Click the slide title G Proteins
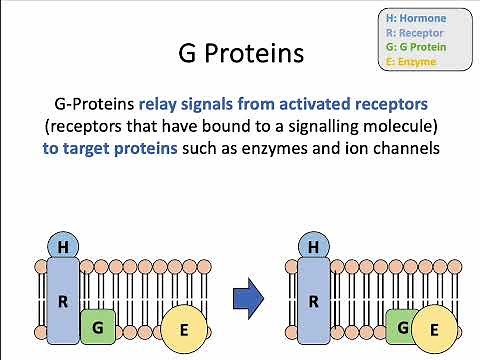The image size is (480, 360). pyautogui.click(x=239, y=52)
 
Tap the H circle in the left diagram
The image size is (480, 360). pyautogui.click(x=62, y=246)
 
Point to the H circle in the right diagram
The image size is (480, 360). pyautogui.click(x=314, y=246)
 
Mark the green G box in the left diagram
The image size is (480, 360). pyautogui.click(x=97, y=326)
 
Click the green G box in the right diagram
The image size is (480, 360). pyautogui.click(x=400, y=326)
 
